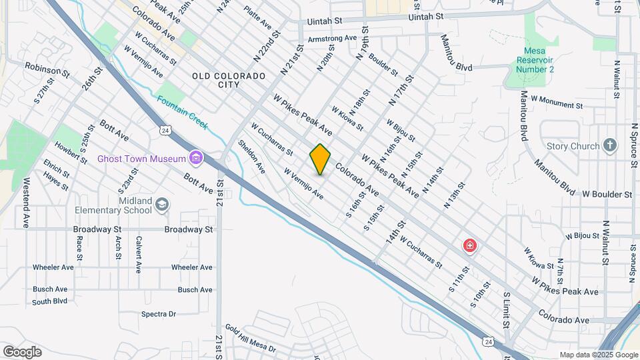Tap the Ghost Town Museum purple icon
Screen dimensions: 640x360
pyautogui.click(x=196, y=158)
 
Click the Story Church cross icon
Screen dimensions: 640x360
pyautogui.click(x=609, y=146)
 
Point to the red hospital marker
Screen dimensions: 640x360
pyautogui.click(x=470, y=246)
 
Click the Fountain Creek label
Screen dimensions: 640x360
pyautogui.click(x=182, y=113)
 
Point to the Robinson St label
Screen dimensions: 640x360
pyautogui.click(x=47, y=67)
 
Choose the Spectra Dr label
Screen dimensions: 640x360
pyautogui.click(x=158, y=314)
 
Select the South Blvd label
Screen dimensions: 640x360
pyautogui.click(x=50, y=301)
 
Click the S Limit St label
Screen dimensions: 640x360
pyautogui.click(x=507, y=309)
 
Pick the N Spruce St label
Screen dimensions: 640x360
pyautogui.click(x=633, y=141)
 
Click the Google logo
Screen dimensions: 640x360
pyautogui.click(x=22, y=352)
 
